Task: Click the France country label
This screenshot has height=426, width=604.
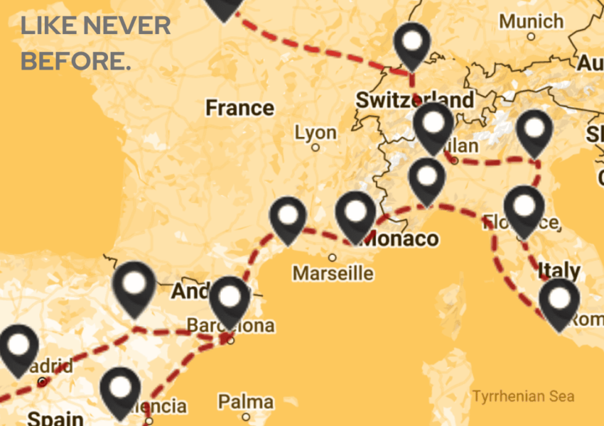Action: pyautogui.click(x=239, y=108)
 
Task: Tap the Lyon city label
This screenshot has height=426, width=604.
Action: pyautogui.click(x=316, y=133)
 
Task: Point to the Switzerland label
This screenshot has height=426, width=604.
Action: pyautogui.click(x=415, y=100)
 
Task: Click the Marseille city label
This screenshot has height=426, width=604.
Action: pyautogui.click(x=333, y=273)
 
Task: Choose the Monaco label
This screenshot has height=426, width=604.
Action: pyautogui.click(x=401, y=239)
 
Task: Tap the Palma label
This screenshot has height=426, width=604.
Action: pyautogui.click(x=245, y=403)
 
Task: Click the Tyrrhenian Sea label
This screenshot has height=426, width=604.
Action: pyautogui.click(x=523, y=396)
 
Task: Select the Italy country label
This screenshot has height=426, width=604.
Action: pyautogui.click(x=559, y=271)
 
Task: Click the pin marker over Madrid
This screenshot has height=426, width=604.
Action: pyautogui.click(x=18, y=348)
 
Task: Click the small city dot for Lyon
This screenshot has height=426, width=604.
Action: pyautogui.click(x=316, y=148)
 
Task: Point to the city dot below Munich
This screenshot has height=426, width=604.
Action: pyautogui.click(x=531, y=36)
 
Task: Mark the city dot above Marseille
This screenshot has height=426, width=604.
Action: pyautogui.click(x=332, y=258)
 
